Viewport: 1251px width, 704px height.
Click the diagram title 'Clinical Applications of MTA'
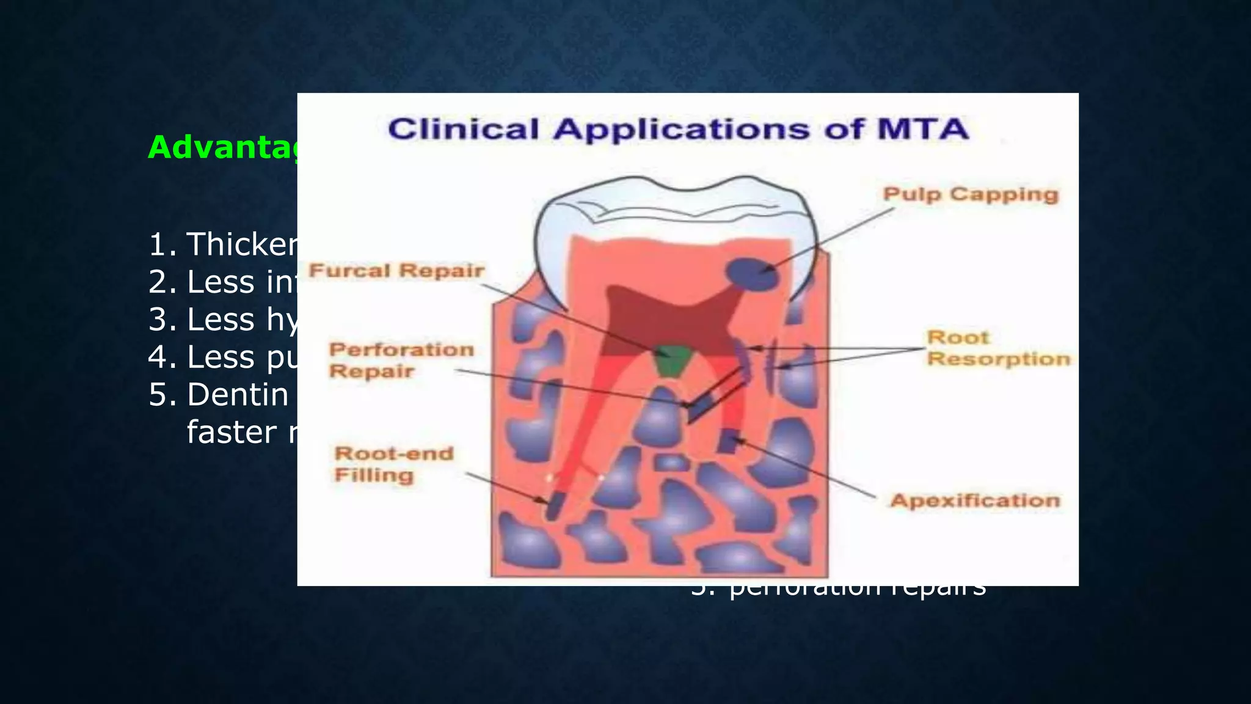678,130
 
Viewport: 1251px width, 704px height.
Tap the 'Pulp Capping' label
971,194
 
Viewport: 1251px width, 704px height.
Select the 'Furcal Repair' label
396,271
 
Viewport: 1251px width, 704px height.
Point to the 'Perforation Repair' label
401,361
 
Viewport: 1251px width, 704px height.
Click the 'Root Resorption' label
998,348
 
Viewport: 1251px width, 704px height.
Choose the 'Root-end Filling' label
394,464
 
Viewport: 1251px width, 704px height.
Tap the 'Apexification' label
975,501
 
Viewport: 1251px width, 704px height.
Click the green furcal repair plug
671,362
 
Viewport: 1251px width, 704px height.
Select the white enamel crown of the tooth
672,220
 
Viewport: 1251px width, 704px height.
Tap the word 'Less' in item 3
221,320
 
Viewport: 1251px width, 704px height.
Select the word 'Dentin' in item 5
238,395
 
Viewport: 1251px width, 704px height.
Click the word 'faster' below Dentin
232,432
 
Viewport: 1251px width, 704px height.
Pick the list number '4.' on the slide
162,358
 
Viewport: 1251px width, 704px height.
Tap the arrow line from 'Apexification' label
806,468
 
